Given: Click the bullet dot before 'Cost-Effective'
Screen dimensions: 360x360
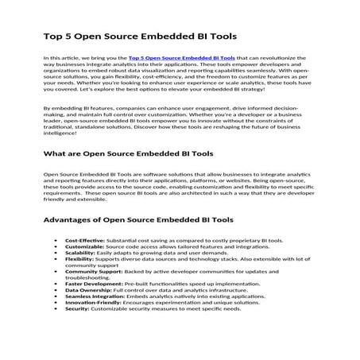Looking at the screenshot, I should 54,239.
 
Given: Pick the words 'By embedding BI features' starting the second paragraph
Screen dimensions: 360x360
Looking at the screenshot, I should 74,104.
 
